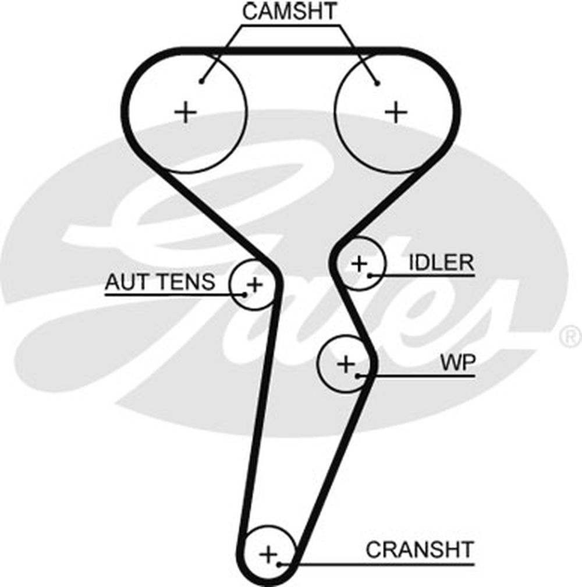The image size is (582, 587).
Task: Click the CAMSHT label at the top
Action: [x=289, y=12]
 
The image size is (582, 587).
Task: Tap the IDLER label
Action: [x=441, y=263]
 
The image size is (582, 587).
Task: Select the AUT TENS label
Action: [x=159, y=282]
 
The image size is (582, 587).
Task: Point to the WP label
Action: [x=458, y=364]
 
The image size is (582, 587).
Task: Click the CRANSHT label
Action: [x=420, y=549]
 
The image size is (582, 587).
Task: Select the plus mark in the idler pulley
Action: [x=360, y=264]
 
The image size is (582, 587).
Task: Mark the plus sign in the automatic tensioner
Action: [x=254, y=284]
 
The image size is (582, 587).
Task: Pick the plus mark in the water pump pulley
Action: [x=346, y=365]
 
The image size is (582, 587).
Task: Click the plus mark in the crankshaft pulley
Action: [x=268, y=554]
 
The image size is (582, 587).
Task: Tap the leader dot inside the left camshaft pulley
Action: [x=201, y=81]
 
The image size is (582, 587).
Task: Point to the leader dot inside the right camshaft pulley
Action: [x=377, y=83]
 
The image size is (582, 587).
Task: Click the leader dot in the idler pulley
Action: [x=370, y=274]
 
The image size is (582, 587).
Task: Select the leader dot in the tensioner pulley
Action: [x=245, y=294]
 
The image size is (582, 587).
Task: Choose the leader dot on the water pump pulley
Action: [x=359, y=375]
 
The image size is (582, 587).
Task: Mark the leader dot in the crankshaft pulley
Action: [x=281, y=564]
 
